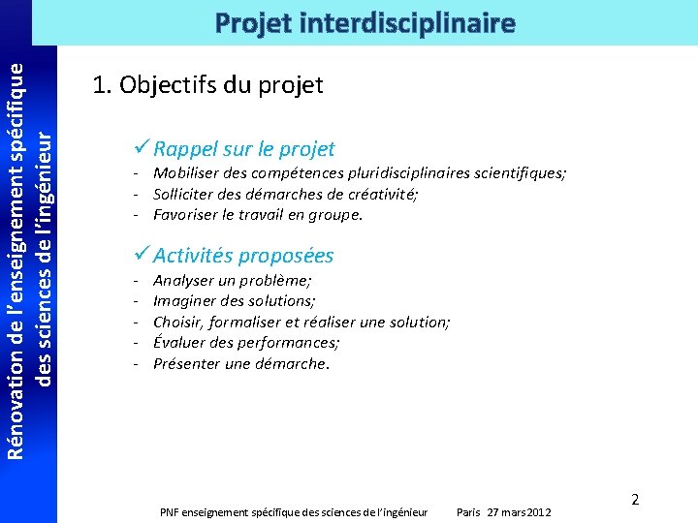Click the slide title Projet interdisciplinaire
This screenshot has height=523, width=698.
coord(365,22)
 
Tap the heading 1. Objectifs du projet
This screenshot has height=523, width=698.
coord(207,85)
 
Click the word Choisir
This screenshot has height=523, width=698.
coord(176,322)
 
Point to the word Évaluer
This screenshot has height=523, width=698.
coord(179,343)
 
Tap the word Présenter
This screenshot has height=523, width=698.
coord(187,364)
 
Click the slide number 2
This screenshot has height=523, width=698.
coord(635,500)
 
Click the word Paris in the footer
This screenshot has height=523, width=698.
coord(469,511)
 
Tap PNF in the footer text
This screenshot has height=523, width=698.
coord(170,511)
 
